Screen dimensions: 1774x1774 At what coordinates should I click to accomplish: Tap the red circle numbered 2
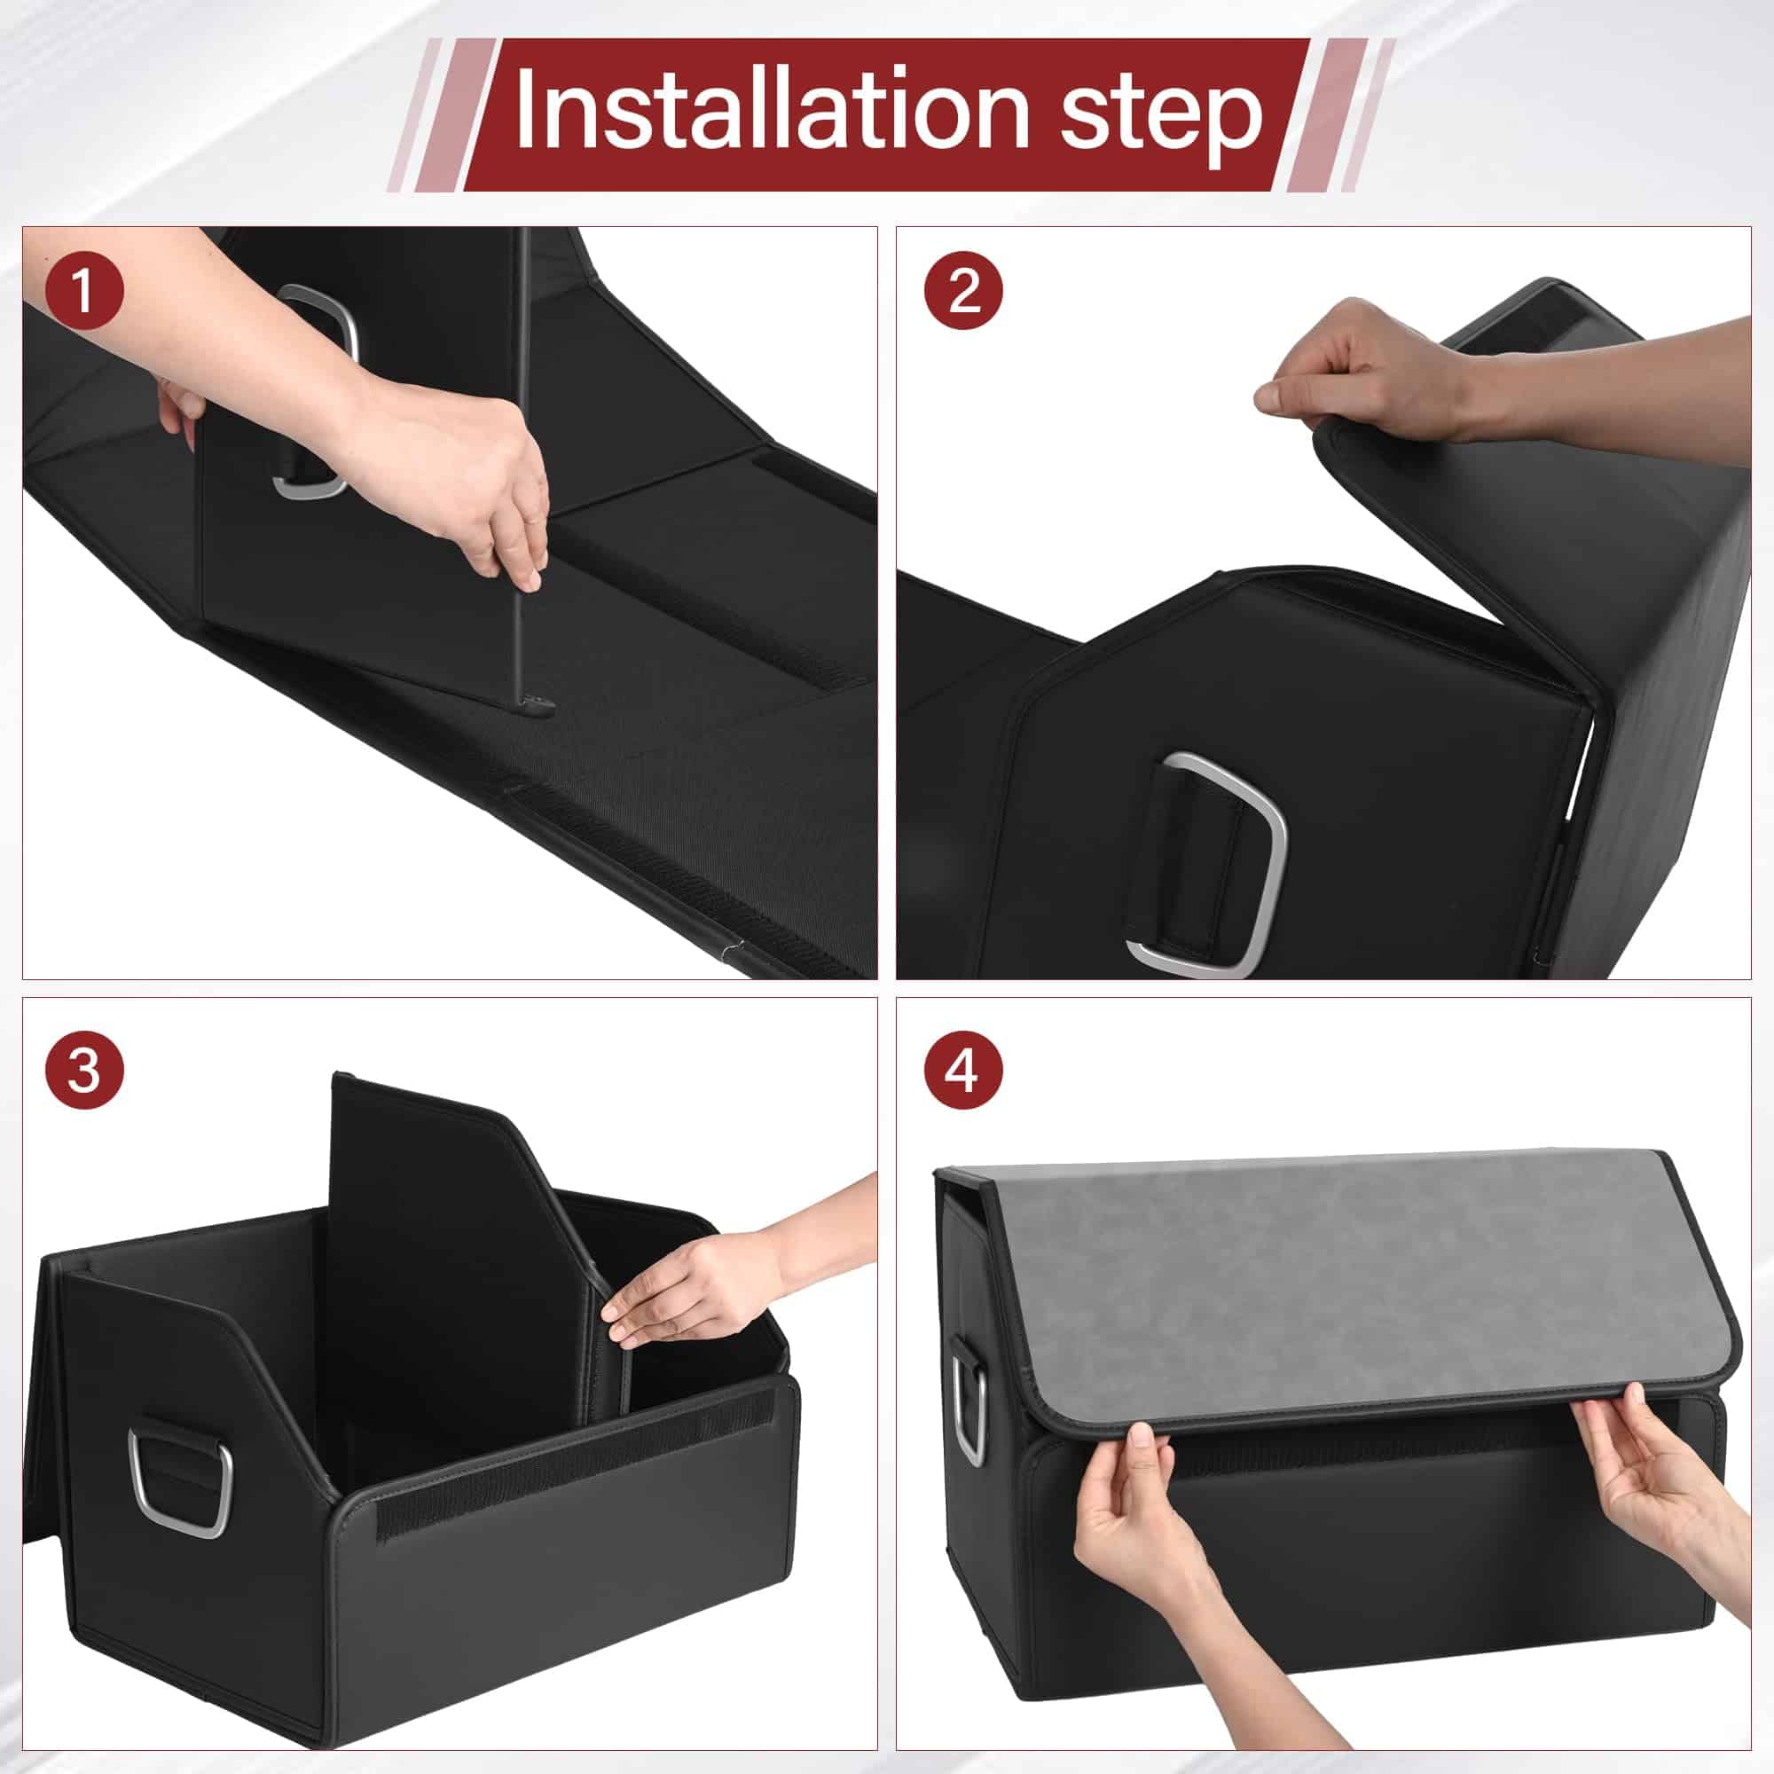click(963, 293)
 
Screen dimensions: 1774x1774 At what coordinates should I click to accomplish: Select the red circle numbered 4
click(962, 1070)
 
